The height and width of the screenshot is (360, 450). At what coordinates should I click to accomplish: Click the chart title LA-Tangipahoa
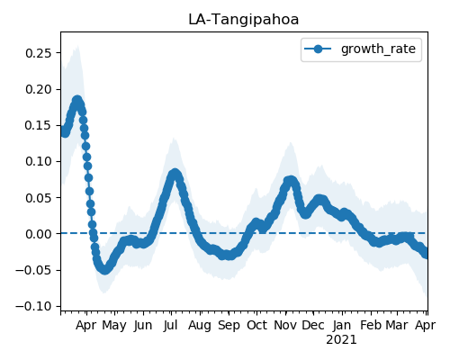tap(244, 20)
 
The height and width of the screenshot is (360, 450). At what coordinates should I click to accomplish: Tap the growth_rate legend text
tap(378, 49)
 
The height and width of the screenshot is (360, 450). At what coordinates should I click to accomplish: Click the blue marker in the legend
tap(318, 49)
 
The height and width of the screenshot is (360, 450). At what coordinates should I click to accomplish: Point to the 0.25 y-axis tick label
tap(39, 53)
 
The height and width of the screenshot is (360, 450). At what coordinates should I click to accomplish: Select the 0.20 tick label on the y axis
tap(39, 89)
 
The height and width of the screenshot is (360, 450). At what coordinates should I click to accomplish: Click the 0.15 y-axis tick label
tap(39, 125)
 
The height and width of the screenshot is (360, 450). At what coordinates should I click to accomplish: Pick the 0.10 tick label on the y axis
tap(39, 161)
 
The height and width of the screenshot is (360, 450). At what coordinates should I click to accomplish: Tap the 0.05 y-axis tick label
tap(39, 198)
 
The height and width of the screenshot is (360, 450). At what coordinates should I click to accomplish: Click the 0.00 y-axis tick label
tap(39, 234)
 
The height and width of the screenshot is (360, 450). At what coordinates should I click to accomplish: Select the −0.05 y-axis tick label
tap(34, 270)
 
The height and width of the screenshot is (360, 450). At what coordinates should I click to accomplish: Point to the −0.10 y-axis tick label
tap(34, 306)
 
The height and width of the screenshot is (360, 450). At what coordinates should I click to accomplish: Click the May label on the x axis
tap(114, 326)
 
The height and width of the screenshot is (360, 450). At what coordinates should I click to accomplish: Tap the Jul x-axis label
tap(171, 325)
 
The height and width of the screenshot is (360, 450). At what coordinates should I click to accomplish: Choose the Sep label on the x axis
tap(229, 326)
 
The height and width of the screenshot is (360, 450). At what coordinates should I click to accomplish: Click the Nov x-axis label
tap(285, 325)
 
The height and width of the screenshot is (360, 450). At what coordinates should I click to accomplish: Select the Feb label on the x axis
tap(371, 325)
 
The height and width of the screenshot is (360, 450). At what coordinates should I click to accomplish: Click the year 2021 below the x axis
tap(341, 340)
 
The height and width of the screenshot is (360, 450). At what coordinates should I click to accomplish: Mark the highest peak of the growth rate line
tap(77, 101)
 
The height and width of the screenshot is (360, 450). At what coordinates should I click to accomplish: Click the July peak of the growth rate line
tap(175, 174)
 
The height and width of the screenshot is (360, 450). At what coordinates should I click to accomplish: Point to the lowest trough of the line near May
tap(104, 269)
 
